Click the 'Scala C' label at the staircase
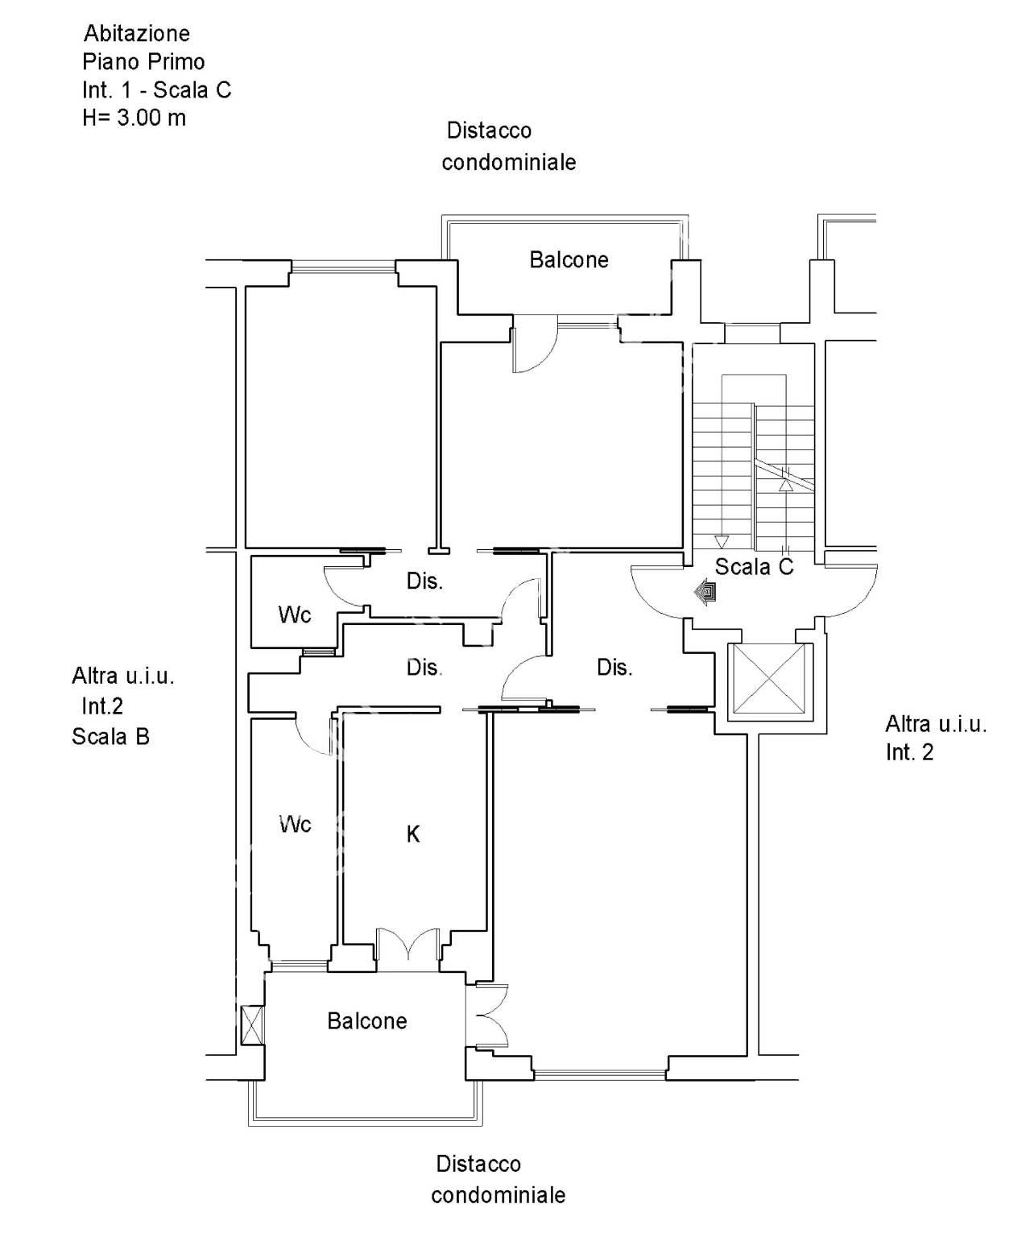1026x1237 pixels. pyautogui.click(x=754, y=567)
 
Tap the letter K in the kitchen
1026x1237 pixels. pyautogui.click(x=413, y=834)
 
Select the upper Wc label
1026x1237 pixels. pyautogui.click(x=295, y=615)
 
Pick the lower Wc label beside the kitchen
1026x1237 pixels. pyautogui.click(x=295, y=824)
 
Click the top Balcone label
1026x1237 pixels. pyautogui.click(x=569, y=259)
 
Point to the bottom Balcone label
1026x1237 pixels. pyautogui.click(x=366, y=1020)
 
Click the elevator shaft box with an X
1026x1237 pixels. pyautogui.click(x=769, y=678)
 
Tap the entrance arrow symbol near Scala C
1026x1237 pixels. pyautogui.click(x=705, y=592)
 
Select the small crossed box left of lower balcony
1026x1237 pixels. pyautogui.click(x=252, y=1025)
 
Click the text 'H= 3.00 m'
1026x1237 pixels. pyautogui.click(x=134, y=118)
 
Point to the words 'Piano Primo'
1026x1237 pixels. pyautogui.click(x=143, y=62)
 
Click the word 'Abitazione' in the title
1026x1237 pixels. pyautogui.click(x=137, y=33)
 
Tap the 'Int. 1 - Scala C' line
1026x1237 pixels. pyautogui.click(x=156, y=90)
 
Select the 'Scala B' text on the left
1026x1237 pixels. pyautogui.click(x=110, y=737)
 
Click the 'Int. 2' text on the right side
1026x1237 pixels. pyautogui.click(x=909, y=752)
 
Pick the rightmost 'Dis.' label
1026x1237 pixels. pyautogui.click(x=614, y=668)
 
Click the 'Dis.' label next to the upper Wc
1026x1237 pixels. pyautogui.click(x=424, y=581)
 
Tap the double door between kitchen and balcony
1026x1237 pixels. pyautogui.click(x=408, y=945)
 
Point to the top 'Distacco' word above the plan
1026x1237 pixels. pyautogui.click(x=489, y=130)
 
